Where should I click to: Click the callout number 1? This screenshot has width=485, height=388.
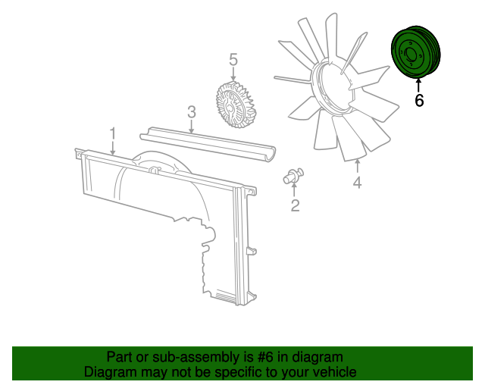(x=113, y=133)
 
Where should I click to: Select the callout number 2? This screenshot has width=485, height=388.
(x=296, y=205)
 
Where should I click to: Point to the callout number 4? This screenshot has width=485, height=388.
(x=357, y=182)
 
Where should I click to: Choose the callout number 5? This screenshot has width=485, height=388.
(x=233, y=59)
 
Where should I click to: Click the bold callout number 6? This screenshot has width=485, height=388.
(x=419, y=100)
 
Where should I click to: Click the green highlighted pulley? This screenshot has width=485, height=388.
(x=416, y=52)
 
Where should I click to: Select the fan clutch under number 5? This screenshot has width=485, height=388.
(x=235, y=104)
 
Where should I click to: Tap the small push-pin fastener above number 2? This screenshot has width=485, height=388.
(x=293, y=176)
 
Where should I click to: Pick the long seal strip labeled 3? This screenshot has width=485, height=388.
(x=208, y=144)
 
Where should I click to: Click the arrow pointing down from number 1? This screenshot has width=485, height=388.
(x=113, y=149)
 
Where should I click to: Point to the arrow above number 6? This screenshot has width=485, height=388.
(x=418, y=86)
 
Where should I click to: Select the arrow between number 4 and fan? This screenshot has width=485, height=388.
(x=358, y=165)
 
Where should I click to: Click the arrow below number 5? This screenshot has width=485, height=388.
(x=233, y=74)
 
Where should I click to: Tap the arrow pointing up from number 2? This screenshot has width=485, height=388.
(x=294, y=189)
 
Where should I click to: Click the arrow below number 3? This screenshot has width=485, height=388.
(x=192, y=127)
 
